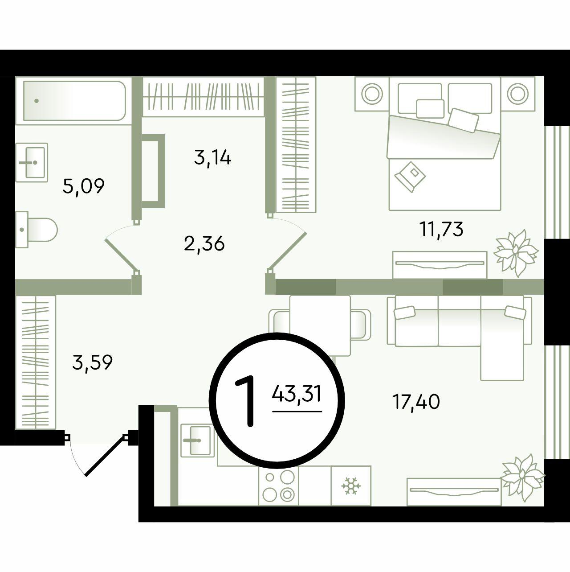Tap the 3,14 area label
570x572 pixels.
[212, 158]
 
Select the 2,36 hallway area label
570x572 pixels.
[204, 244]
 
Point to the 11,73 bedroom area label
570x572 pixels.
[441, 229]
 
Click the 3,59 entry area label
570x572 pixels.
[92, 362]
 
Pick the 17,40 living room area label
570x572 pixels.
[416, 402]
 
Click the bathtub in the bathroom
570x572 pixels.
[74, 101]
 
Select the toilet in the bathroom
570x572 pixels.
[36, 230]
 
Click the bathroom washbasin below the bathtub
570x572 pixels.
[32, 162]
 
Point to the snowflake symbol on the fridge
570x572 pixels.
[351, 486]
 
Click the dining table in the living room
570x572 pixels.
[320, 325]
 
